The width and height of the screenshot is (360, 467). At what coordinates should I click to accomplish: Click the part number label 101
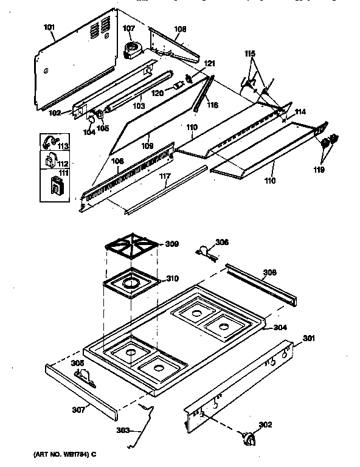[49, 27]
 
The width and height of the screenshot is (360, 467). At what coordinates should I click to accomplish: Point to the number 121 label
[209, 64]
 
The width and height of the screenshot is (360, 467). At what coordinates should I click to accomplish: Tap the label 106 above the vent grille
[117, 161]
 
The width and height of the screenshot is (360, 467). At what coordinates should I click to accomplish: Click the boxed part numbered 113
[50, 144]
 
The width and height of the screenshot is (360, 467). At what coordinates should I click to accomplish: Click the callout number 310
[172, 279]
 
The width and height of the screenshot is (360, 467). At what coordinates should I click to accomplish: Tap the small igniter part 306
[204, 249]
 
